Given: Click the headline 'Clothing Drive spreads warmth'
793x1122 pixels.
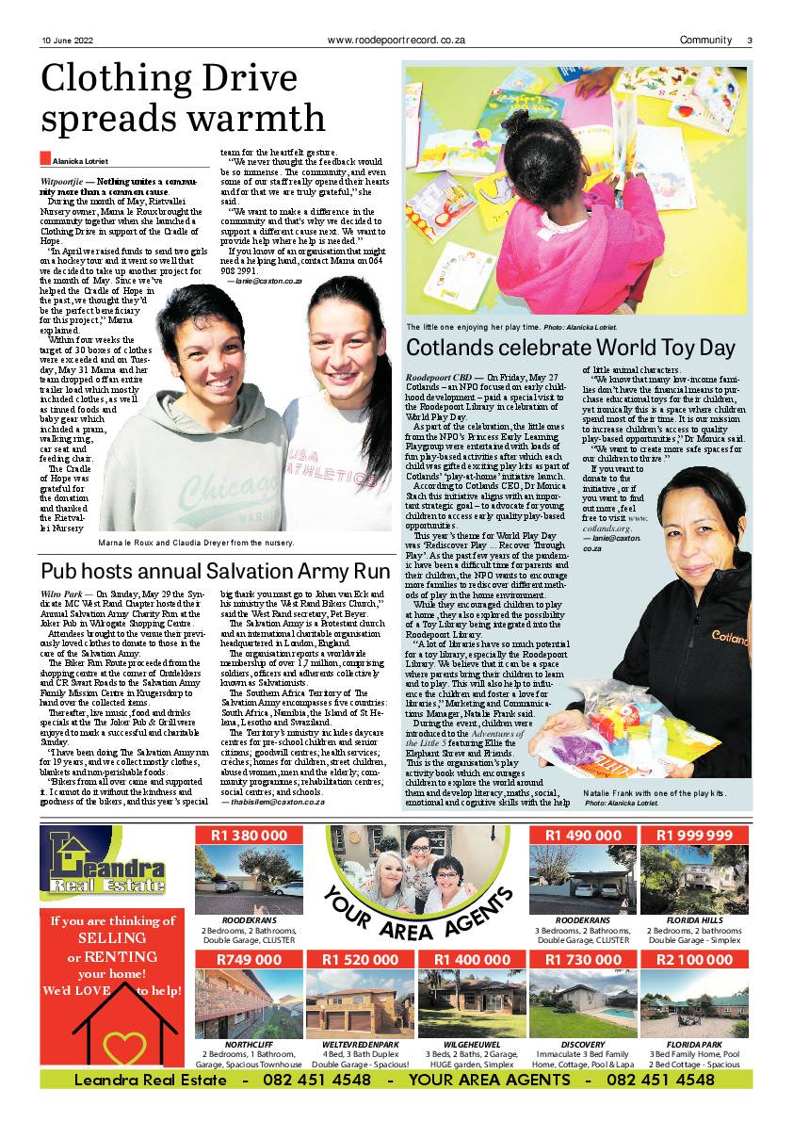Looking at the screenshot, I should pyautogui.click(x=184, y=100).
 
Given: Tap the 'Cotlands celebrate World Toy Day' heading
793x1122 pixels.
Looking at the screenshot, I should pyautogui.click(x=570, y=348).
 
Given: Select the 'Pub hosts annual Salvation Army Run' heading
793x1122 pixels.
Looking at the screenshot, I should pyautogui.click(x=216, y=571).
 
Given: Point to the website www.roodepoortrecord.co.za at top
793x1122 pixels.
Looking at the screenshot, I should pyautogui.click(x=396, y=41).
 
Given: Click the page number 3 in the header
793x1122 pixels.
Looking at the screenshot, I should pyautogui.click(x=750, y=41).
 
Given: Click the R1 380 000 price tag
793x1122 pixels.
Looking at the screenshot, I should pyautogui.click(x=250, y=836).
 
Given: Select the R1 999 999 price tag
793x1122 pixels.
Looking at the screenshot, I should pyautogui.click(x=695, y=836).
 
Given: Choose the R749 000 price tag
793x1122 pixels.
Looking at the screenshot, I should pyautogui.click(x=250, y=959).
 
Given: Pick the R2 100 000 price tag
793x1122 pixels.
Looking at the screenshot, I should pyautogui.click(x=695, y=959).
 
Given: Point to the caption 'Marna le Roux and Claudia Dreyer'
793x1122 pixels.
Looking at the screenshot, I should pyautogui.click(x=196, y=543).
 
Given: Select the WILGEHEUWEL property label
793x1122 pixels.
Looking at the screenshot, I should pyautogui.click(x=473, y=1045).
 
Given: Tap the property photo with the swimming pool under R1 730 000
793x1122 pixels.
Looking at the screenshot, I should pyautogui.click(x=583, y=1002).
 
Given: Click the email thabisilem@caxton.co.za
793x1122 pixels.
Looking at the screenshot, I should pyautogui.click(x=280, y=801).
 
